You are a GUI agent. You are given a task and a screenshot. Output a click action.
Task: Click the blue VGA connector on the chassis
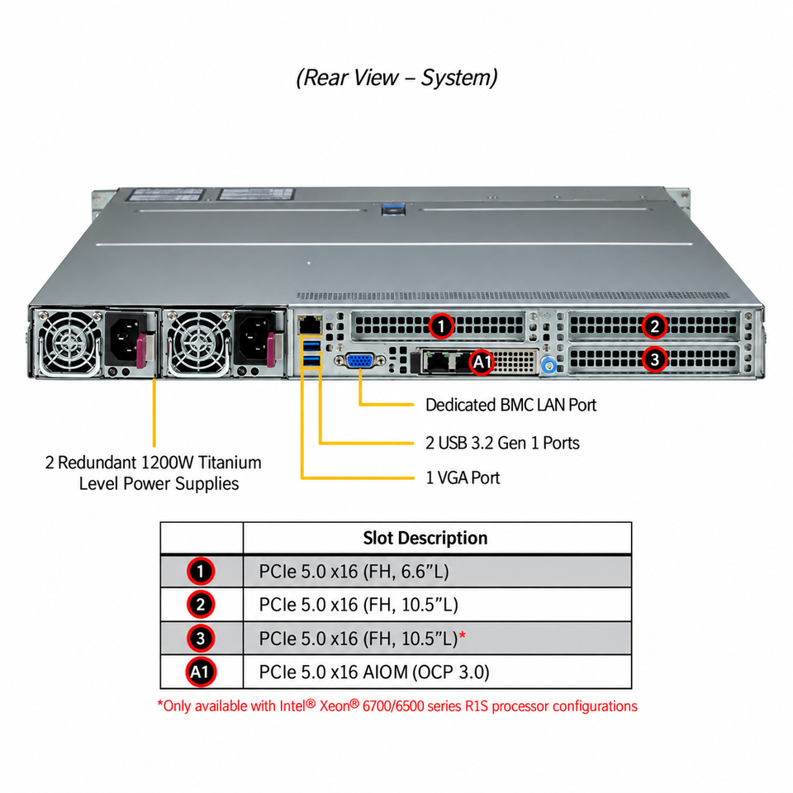click(359, 361)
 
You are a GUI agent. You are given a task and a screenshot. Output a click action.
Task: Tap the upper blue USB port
click(311, 345)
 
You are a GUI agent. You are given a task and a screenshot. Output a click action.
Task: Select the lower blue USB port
click(311, 361)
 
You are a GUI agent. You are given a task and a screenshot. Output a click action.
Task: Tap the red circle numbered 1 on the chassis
click(441, 326)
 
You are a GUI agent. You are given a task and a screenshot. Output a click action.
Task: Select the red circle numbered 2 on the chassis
click(654, 326)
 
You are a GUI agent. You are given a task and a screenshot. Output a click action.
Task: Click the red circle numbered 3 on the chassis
click(654, 359)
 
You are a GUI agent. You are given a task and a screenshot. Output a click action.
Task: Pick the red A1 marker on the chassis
click(482, 362)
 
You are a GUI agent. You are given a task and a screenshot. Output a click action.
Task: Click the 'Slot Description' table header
click(425, 538)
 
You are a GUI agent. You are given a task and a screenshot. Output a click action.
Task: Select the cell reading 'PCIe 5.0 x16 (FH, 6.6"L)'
click(354, 572)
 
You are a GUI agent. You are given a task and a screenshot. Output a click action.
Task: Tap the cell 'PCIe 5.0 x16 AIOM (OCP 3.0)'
click(374, 672)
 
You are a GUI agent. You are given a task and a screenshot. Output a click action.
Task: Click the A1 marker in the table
click(200, 672)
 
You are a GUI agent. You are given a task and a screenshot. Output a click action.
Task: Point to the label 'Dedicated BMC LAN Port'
click(510, 405)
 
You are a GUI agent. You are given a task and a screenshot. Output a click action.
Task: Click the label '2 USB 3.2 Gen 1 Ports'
click(502, 443)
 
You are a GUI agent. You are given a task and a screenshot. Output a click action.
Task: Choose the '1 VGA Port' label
click(463, 478)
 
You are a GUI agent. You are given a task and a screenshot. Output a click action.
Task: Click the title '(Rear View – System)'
click(396, 78)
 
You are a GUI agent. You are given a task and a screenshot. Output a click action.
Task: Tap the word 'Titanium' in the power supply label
click(230, 463)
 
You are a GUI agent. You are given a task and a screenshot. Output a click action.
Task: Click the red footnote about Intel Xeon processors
click(397, 706)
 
